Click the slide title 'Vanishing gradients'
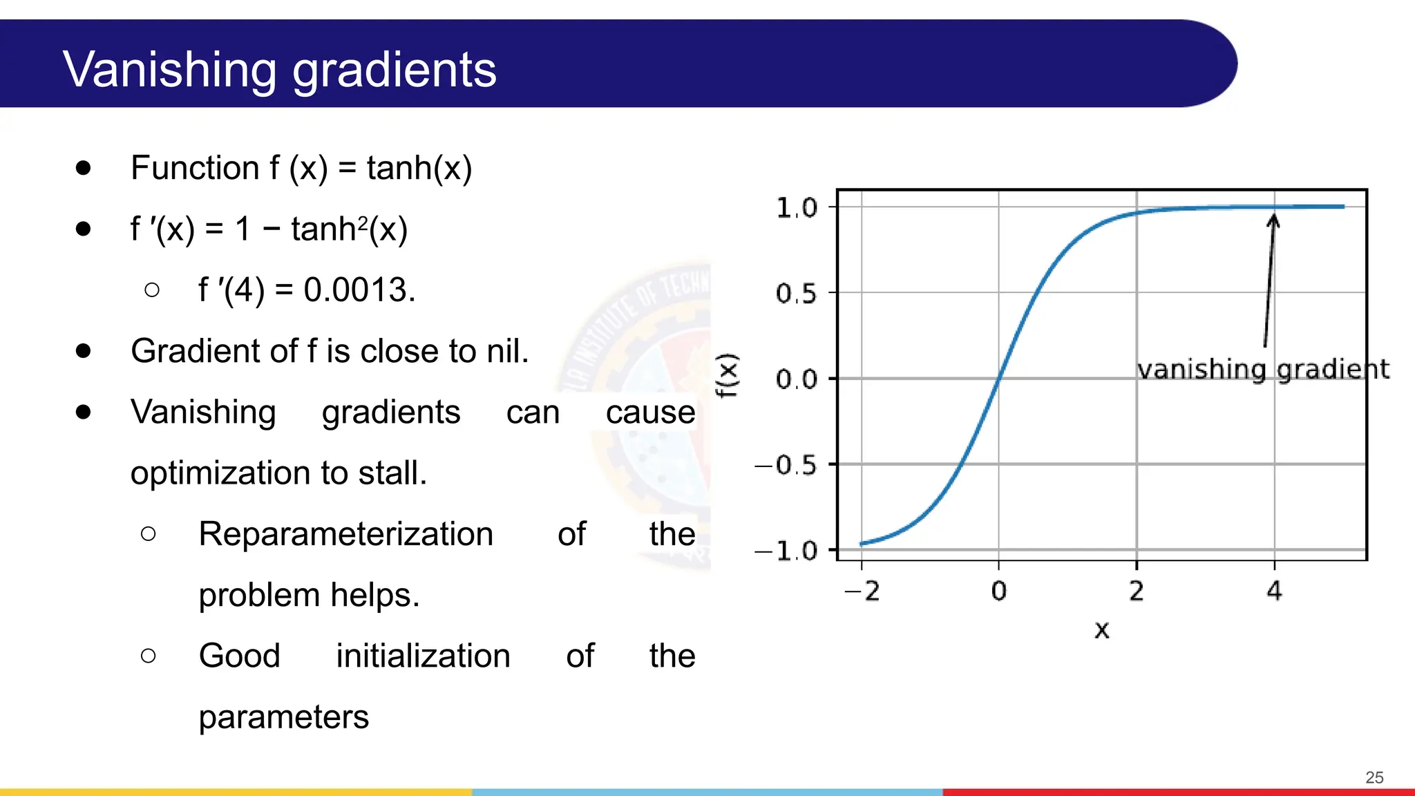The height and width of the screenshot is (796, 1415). click(279, 70)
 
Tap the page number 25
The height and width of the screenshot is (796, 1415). click(1374, 777)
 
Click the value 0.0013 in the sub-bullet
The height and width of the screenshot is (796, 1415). click(359, 290)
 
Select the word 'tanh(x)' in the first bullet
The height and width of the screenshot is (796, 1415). click(419, 168)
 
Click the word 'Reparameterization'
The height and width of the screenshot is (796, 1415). click(345, 534)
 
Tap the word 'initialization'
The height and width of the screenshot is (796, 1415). click(423, 656)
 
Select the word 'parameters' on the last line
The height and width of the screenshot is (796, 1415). click(283, 717)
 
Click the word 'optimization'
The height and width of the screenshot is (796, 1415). click(221, 473)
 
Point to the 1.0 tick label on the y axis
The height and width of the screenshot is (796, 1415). click(797, 207)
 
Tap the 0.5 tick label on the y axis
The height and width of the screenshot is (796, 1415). click(797, 294)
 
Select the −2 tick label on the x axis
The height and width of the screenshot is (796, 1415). click(862, 591)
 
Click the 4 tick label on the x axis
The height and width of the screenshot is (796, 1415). click(1274, 591)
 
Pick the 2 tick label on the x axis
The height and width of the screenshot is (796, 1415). click(1137, 591)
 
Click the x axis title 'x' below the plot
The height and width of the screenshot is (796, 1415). click(1101, 629)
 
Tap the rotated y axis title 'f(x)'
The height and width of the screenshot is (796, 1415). click(727, 375)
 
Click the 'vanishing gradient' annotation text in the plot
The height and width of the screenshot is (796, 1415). click(1262, 369)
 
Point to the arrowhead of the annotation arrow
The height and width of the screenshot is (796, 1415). click(1273, 220)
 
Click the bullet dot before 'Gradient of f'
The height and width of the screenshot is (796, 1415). click(84, 351)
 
